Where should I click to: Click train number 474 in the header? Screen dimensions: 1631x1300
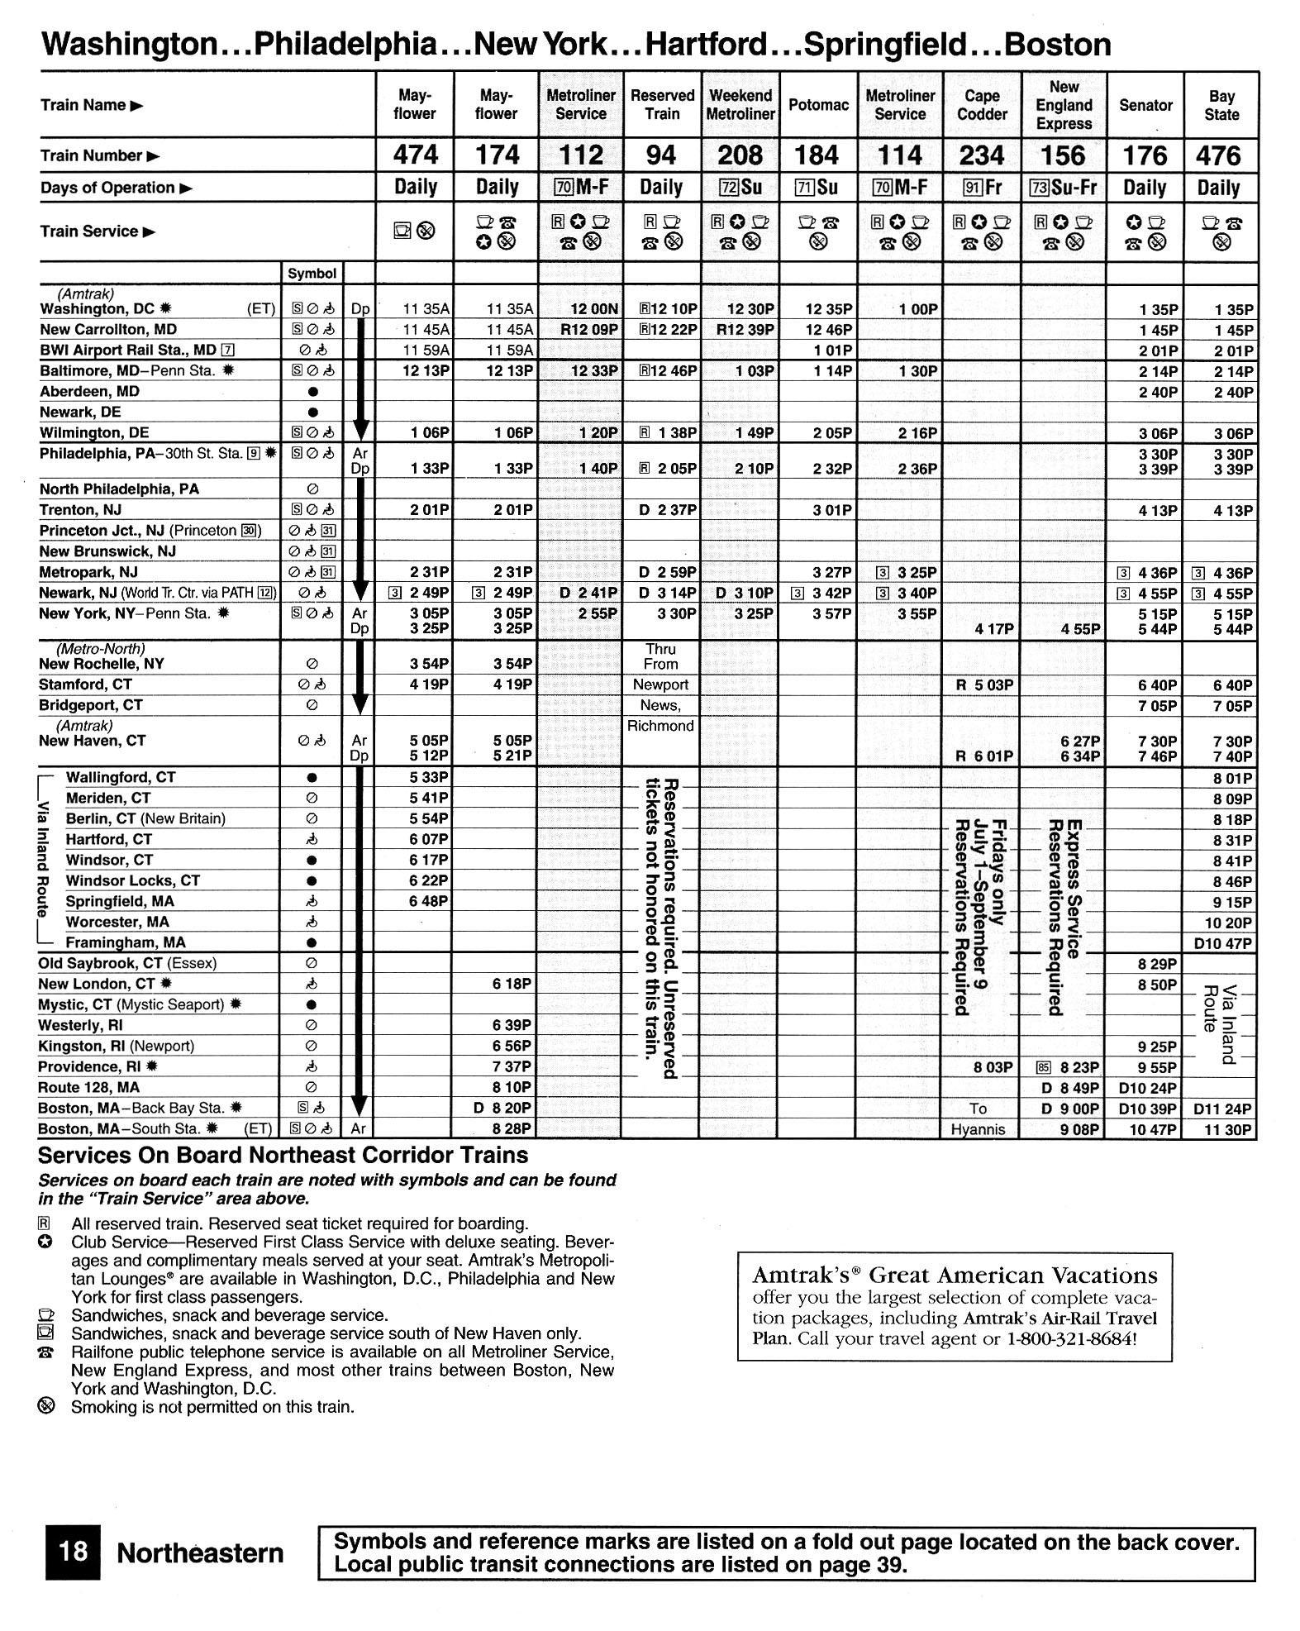tap(415, 155)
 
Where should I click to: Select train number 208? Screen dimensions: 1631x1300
tap(740, 155)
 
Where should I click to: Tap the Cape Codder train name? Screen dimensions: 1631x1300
tap(982, 105)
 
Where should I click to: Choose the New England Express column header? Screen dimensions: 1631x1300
tap(1064, 105)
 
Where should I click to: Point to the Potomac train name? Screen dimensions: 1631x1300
tap(818, 105)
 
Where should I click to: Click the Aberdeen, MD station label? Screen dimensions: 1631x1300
tap(89, 391)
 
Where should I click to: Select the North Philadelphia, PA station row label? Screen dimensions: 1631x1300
tap(119, 489)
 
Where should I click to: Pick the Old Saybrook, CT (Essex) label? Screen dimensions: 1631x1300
tap(127, 963)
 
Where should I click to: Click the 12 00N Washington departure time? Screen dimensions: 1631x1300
tap(594, 310)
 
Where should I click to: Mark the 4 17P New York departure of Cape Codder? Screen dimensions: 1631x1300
tap(993, 629)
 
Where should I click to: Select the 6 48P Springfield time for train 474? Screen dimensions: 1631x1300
tap(428, 902)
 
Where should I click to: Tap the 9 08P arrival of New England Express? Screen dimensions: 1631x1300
tap(1079, 1130)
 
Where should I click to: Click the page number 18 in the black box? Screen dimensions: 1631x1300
tap(72, 1552)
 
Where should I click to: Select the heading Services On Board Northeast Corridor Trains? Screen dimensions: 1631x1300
tap(283, 1155)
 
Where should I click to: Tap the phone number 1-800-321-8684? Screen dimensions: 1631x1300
tap(1070, 1338)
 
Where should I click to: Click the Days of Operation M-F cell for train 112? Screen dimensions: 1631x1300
tap(582, 188)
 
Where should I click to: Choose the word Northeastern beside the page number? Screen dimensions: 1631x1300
tap(200, 1553)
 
